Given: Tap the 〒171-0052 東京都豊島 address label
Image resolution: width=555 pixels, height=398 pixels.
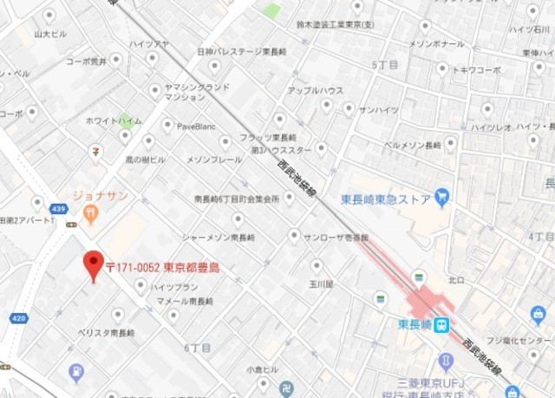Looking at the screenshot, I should (161, 268).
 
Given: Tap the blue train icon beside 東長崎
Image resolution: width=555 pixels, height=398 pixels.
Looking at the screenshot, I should (442, 326).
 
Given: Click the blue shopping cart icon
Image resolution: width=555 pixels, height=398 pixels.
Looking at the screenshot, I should (441, 196).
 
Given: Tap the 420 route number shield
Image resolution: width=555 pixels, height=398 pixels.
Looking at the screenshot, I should (18, 318).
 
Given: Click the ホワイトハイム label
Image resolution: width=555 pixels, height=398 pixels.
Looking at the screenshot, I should (114, 121).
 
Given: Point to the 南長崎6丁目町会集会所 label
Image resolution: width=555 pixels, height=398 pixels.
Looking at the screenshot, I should (237, 199).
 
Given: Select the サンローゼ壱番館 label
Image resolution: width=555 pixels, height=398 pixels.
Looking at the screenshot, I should (333, 236).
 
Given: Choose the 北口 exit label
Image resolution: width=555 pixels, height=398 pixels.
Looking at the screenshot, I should (456, 279).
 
